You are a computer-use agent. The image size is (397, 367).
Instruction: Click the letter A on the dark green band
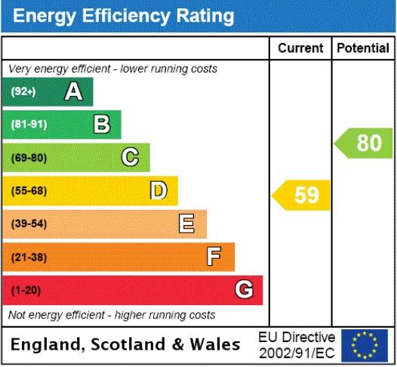[73, 91]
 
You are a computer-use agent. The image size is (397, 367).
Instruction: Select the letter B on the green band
[102, 124]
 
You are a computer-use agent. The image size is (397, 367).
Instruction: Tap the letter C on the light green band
[130, 157]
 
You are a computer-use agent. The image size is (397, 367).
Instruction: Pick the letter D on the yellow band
[158, 190]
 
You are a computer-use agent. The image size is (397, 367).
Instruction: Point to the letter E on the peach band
[186, 223]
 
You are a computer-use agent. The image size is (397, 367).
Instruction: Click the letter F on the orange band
[214, 256]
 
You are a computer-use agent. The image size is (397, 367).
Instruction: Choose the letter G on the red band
[244, 289]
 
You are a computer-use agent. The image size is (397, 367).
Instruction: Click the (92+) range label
[23, 91]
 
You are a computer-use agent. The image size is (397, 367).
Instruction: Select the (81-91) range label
[29, 125]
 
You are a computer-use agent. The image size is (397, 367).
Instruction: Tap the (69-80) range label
[29, 158]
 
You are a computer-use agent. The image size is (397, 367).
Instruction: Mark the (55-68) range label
[29, 191]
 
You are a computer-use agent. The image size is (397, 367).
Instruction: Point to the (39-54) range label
[29, 224]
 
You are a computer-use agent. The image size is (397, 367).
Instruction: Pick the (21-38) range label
[29, 258]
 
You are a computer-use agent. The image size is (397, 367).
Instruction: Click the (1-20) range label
[26, 290]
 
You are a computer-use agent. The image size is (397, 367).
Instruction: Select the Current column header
[300, 48]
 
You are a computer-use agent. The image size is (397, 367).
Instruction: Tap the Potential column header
[363, 48]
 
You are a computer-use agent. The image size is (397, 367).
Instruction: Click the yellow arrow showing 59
[301, 196]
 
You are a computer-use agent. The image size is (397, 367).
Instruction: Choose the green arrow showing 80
[363, 143]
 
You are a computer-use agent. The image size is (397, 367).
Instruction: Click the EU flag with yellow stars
[365, 345]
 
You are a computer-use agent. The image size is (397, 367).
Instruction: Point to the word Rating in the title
[205, 16]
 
